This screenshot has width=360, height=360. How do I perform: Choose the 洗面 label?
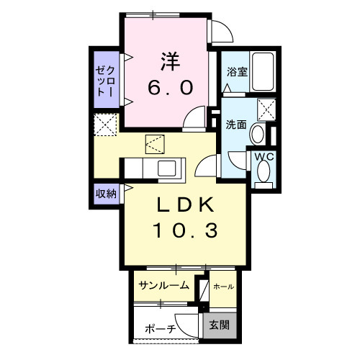click(235, 124)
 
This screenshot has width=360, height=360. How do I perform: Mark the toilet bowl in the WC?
click(263, 172)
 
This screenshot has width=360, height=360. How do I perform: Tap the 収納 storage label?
click(106, 194)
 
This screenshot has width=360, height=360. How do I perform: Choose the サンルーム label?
click(164, 286)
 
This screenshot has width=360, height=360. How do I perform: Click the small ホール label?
click(223, 287)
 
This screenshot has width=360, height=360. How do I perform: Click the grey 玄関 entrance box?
click(220, 325)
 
